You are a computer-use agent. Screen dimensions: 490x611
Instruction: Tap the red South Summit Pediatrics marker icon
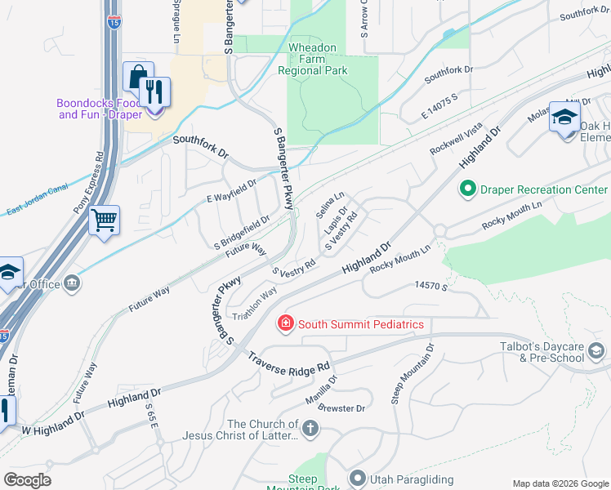[286, 324]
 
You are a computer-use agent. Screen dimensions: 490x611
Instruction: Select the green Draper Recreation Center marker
[468, 189]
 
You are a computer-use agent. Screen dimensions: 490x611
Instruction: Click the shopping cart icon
[105, 220]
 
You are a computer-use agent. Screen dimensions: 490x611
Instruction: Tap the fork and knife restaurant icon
[154, 91]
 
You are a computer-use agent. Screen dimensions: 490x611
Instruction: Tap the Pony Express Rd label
[90, 183]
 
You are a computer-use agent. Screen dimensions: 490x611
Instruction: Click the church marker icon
[310, 428]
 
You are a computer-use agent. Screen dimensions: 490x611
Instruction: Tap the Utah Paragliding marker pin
[357, 477]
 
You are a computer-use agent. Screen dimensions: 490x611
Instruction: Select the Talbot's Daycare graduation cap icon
[596, 352]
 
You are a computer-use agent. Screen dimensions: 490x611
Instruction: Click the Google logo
[27, 480]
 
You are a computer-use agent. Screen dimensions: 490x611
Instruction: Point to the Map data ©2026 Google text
[560, 483]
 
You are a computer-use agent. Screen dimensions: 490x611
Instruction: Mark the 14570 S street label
[433, 286]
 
